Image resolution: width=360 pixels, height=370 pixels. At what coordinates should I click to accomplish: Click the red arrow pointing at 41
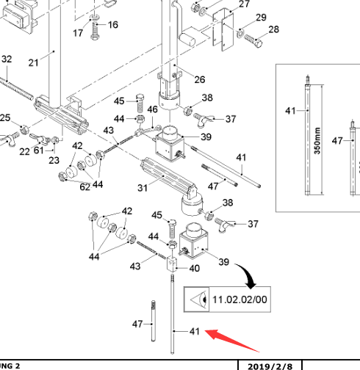click(231, 340)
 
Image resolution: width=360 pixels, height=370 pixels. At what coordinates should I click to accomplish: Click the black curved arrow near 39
click(246, 275)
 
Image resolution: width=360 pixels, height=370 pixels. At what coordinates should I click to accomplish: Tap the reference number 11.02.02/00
click(240, 300)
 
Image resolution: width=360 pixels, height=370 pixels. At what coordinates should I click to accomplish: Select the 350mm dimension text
click(317, 140)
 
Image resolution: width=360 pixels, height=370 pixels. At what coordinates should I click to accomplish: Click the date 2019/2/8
click(270, 366)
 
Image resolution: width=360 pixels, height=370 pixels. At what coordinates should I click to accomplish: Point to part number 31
click(143, 188)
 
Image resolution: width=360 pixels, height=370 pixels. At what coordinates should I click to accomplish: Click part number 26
click(200, 79)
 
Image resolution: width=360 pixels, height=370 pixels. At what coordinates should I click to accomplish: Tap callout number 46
click(152, 109)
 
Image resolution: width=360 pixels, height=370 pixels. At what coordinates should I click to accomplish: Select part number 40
click(195, 269)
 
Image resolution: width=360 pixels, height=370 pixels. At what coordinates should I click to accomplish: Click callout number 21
click(33, 63)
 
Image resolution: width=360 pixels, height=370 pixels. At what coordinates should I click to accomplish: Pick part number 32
click(7, 59)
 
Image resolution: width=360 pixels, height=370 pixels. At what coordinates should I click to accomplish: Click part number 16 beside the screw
click(113, 25)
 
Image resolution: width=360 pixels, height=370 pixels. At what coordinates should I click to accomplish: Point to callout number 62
click(85, 187)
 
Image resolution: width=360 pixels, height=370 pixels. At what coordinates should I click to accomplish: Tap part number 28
click(274, 29)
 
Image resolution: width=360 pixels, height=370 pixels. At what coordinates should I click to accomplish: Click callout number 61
click(39, 150)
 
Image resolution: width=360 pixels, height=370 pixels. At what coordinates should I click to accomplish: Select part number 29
click(261, 18)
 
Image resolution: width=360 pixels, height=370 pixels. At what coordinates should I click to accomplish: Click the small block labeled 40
click(172, 264)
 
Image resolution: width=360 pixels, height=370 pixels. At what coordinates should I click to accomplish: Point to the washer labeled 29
click(240, 33)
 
